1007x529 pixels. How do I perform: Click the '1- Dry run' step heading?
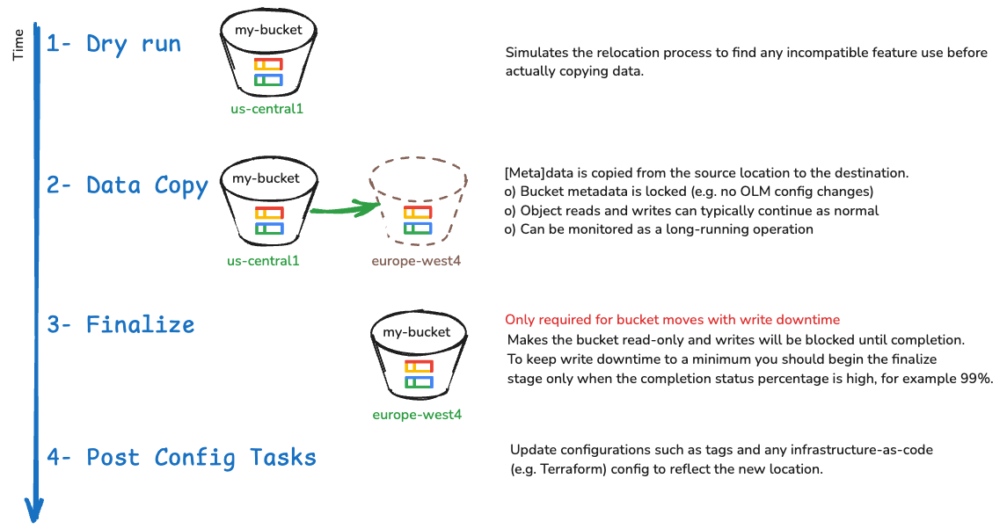click(113, 45)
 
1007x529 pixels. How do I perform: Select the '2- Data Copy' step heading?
click(128, 185)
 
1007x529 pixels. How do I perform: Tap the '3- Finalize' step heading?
click(120, 325)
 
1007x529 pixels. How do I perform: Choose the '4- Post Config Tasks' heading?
click(181, 457)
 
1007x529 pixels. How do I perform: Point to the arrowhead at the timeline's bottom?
click(33, 510)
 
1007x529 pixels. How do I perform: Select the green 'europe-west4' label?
click(417, 415)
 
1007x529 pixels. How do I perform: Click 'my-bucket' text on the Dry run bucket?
click(268, 30)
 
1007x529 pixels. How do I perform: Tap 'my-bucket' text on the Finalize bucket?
click(418, 332)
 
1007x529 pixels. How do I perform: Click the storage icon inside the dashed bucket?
click(417, 221)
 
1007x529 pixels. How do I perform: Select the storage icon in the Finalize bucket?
click(418, 374)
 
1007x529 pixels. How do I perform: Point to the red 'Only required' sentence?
click(673, 320)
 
